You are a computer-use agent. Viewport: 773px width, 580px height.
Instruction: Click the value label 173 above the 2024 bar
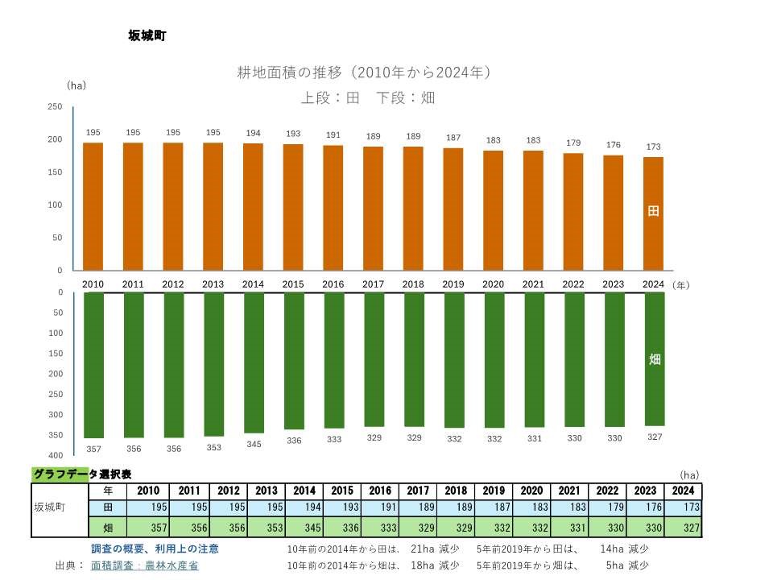click(x=653, y=147)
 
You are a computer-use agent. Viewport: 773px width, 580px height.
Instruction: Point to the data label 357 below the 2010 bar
click(x=93, y=449)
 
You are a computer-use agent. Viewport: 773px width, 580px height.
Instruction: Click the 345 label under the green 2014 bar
click(x=254, y=444)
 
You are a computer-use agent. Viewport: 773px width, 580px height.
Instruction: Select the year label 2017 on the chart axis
click(x=373, y=284)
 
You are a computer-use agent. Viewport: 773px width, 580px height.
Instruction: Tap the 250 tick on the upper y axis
click(x=55, y=106)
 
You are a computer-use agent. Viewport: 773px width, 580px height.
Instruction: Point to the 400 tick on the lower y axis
click(x=56, y=456)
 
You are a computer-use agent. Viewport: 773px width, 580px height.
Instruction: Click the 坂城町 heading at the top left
click(x=147, y=35)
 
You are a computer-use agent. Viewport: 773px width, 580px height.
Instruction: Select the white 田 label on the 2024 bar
click(x=654, y=211)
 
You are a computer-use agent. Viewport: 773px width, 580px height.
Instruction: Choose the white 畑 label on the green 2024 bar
click(x=654, y=359)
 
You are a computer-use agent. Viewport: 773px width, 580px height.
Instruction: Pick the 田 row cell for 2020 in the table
click(x=531, y=508)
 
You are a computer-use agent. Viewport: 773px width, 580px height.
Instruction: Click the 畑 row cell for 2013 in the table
click(x=267, y=528)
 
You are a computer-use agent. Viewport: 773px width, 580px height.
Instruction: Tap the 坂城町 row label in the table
click(x=50, y=508)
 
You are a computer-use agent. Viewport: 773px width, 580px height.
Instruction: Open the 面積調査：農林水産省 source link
click(x=145, y=565)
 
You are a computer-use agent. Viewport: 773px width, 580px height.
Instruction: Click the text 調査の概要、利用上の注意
click(x=155, y=549)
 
